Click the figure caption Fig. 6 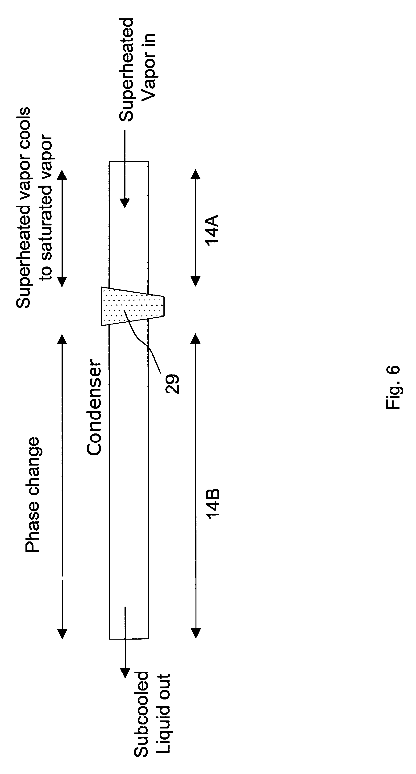pos(393,387)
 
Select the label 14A pos(212,230)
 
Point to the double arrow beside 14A pos(196,228)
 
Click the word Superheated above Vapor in pos(126,70)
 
